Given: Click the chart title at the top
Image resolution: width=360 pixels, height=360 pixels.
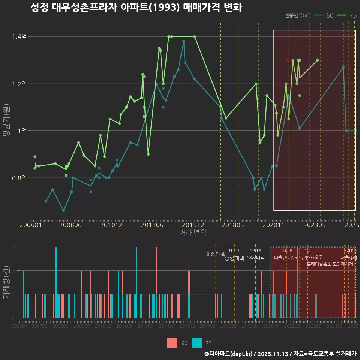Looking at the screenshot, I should [x=136, y=7].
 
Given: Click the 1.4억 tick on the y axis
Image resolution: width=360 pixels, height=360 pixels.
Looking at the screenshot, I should [x=20, y=37].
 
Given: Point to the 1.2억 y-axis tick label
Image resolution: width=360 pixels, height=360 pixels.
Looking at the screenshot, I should [x=20, y=84].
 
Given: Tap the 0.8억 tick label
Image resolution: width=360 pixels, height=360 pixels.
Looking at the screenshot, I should [x=20, y=178].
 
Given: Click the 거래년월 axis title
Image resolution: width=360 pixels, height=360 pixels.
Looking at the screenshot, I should [x=193, y=233].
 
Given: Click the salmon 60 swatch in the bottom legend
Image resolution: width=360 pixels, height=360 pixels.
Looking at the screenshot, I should [x=172, y=343].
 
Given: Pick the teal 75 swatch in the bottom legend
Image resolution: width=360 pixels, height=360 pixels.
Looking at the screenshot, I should [x=197, y=343].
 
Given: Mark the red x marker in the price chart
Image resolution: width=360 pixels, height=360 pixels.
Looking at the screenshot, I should [x=288, y=60].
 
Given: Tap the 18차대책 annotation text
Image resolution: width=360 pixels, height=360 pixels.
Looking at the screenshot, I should [x=256, y=258].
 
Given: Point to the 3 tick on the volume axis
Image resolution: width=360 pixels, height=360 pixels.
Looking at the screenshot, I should [x=13, y=247].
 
